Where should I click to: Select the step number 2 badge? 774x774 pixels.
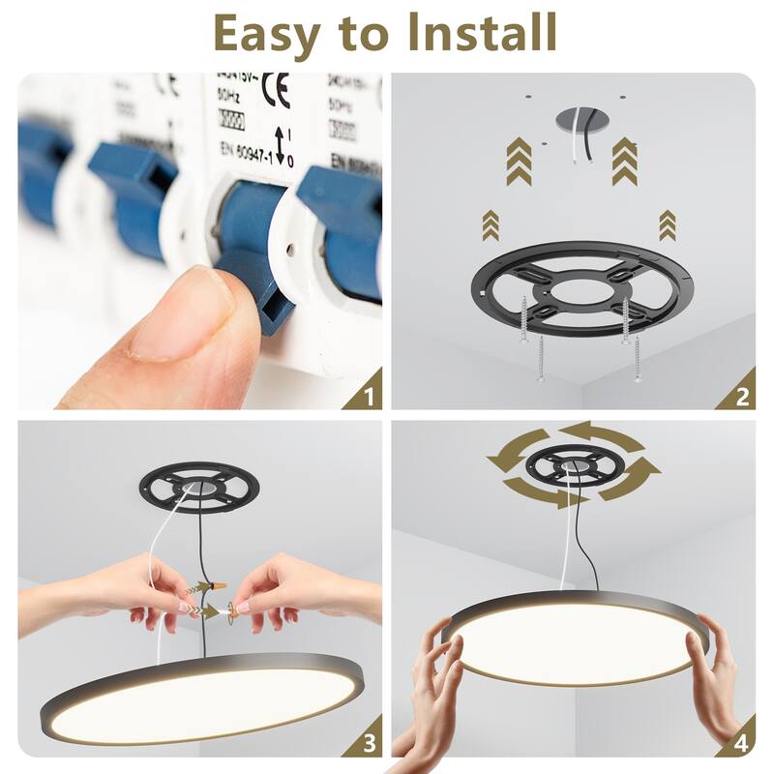[742, 395]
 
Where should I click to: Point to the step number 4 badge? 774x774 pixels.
[741, 743]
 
